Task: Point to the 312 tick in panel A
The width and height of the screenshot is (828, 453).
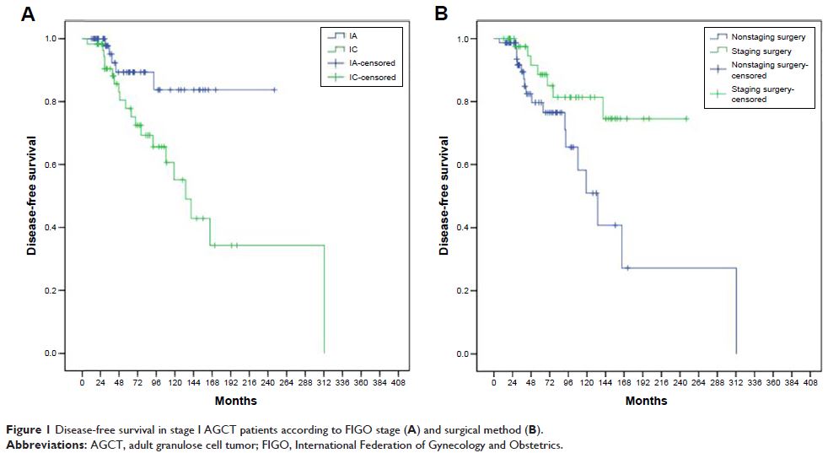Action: pyautogui.click(x=324, y=382)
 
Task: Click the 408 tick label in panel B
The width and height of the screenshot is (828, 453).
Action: pyautogui.click(x=809, y=382)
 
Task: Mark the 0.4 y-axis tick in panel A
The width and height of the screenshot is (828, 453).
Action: pyautogui.click(x=61, y=228)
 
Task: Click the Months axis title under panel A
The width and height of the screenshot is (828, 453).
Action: pyautogui.click(x=236, y=401)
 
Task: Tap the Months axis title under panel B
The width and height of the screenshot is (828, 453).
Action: pyautogui.click(x=648, y=401)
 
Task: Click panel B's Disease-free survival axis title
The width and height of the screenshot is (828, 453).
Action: pyautogui.click(x=444, y=195)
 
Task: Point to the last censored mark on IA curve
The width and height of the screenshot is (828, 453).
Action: pyautogui.click(x=275, y=89)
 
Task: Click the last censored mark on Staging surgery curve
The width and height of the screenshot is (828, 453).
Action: pyautogui.click(x=686, y=119)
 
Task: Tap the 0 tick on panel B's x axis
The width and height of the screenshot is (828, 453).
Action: pyautogui.click(x=493, y=382)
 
